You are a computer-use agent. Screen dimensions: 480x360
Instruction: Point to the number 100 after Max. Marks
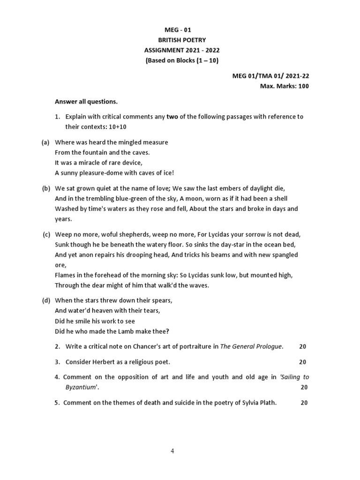pos(303,86)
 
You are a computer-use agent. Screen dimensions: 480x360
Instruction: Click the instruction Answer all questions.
pos(86,101)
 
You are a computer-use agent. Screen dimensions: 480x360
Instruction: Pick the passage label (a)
pos(46,142)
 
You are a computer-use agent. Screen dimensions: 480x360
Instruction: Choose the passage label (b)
pos(46,188)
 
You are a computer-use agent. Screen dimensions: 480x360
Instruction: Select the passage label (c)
pos(46,234)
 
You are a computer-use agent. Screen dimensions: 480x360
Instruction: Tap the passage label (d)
pos(46,300)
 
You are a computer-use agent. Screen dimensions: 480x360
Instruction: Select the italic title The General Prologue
pos(251,346)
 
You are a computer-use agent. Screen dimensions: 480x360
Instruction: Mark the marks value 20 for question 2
pos(302,346)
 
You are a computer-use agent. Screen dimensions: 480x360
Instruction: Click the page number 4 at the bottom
pos(172,451)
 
